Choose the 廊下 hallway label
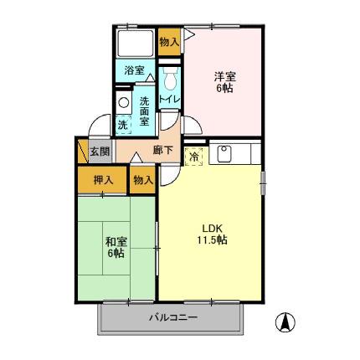point(163,152)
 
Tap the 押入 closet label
point(103,179)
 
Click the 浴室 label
point(134,70)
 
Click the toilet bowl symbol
point(170,81)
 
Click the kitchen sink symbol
point(224,153)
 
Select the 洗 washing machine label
point(122,125)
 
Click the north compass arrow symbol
point(285,321)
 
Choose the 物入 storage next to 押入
point(142,179)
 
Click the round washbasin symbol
point(123,104)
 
